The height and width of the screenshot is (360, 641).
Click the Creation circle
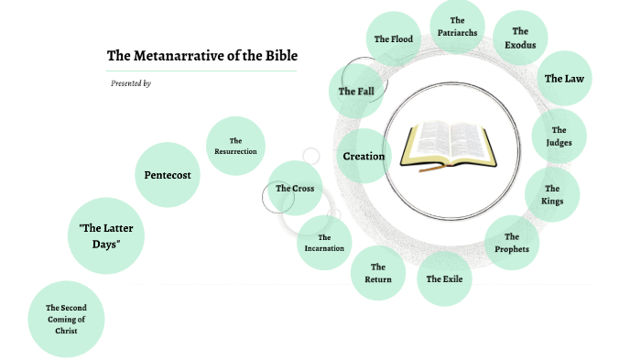coord(364,157)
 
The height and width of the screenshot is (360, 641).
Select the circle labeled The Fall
coord(355,92)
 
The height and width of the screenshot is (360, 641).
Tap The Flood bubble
coord(394,39)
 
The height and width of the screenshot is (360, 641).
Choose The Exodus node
coord(520,38)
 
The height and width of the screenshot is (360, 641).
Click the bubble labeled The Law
coord(563,79)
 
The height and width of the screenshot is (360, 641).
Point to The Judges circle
coord(559,136)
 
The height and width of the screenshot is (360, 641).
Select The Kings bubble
coord(552,194)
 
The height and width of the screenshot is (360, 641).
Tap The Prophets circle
coord(512,243)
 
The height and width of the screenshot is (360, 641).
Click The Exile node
coord(445,278)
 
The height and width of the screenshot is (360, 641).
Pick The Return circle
coord(378,273)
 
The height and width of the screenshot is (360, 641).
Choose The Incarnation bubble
coord(325,242)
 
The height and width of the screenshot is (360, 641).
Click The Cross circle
coord(295,189)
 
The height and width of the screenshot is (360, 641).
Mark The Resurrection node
coord(235,146)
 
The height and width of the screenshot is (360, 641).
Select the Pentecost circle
coord(168,174)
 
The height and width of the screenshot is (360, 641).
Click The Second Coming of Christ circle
coord(66,319)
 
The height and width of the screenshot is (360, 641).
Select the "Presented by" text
coord(131,83)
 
